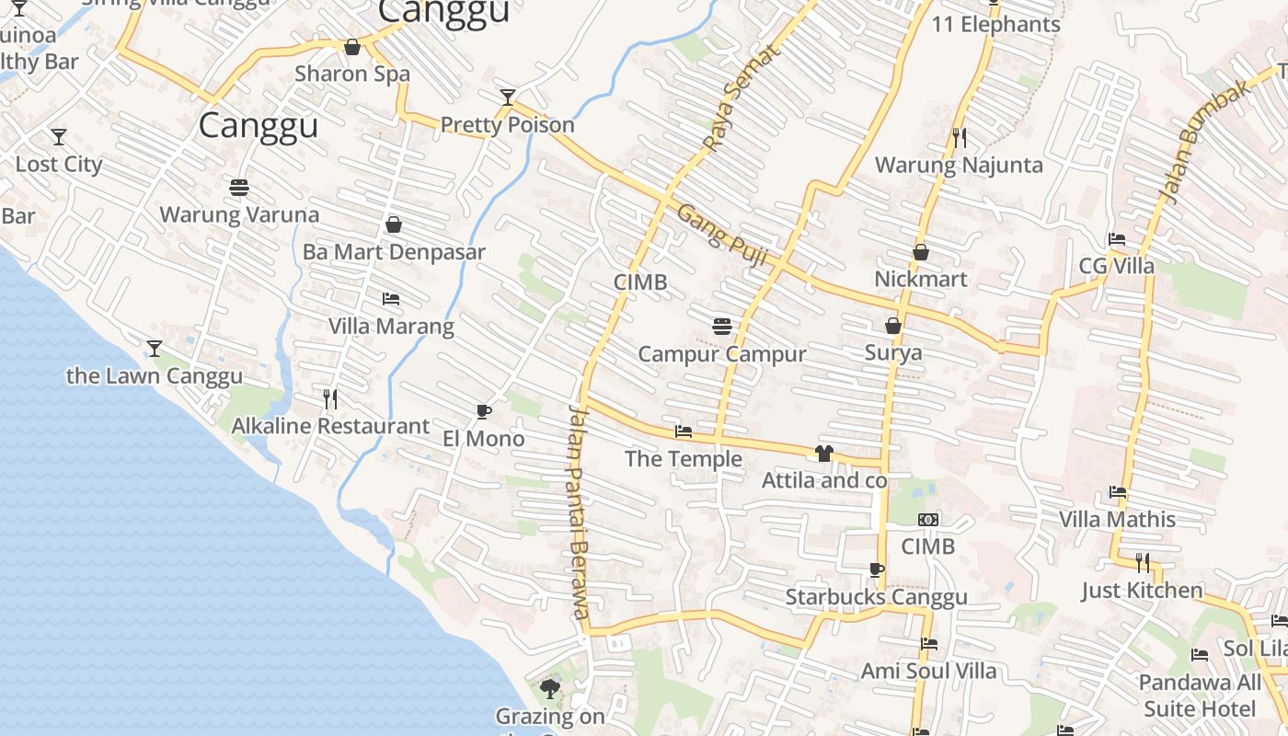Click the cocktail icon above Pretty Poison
coord(507,97)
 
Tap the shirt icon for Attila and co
coord(823,453)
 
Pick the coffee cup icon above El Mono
coord(484,411)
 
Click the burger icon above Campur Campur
coord(722,326)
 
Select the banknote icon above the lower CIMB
coord(928,520)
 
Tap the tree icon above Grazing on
coord(550,688)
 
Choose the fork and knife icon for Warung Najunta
coord(960,138)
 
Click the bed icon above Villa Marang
coord(391,299)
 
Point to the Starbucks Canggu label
coord(876,597)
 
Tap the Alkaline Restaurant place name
coord(330,426)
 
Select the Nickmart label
coord(921,279)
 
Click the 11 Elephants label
coord(996,25)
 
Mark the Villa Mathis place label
coord(1117,519)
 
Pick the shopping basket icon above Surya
coord(892,326)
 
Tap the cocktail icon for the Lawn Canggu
coord(155,349)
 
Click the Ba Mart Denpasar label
coord(394,251)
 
